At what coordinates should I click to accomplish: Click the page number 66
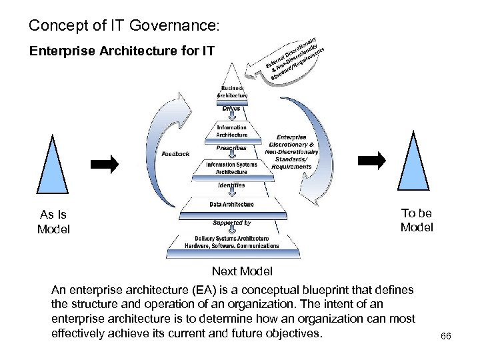[x=446, y=337]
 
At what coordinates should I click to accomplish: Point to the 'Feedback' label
[x=175, y=154]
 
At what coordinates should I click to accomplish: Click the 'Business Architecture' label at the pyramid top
[x=232, y=92]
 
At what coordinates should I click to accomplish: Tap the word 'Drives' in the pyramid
[x=231, y=109]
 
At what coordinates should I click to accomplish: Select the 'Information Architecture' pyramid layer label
[x=231, y=131]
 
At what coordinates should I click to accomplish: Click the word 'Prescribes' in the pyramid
[x=231, y=147]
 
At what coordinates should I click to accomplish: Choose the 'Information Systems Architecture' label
[x=231, y=168]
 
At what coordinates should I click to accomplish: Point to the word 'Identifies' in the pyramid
[x=231, y=185]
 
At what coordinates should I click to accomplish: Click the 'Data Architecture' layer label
[x=231, y=204]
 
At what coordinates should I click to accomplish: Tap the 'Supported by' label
[x=231, y=223]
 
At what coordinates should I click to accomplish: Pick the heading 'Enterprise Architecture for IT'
[x=121, y=50]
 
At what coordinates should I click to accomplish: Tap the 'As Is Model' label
[x=53, y=222]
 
